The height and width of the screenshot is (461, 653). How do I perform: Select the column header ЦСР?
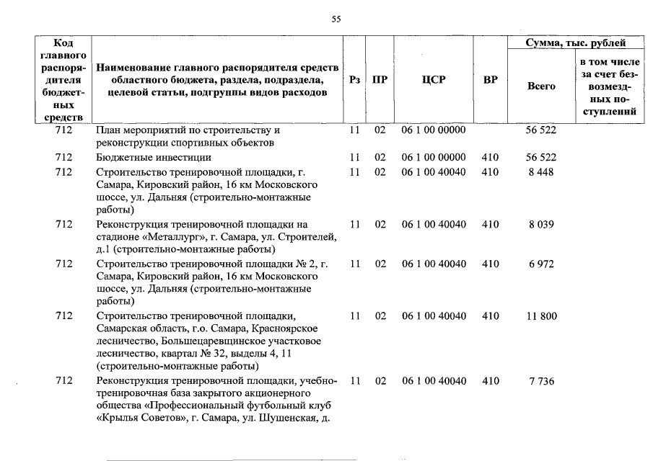(434, 79)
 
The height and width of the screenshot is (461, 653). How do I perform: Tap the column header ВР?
(490, 79)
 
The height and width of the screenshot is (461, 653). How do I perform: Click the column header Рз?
(354, 79)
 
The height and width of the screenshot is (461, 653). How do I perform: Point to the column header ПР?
(380, 79)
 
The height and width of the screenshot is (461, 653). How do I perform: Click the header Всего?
(541, 86)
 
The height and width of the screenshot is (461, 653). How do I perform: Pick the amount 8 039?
(540, 225)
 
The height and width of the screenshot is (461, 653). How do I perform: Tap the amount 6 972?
(540, 264)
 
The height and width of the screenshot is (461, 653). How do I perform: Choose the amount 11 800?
(540, 316)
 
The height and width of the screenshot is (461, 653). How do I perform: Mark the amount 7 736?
(540, 381)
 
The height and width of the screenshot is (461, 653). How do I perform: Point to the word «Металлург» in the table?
(167, 237)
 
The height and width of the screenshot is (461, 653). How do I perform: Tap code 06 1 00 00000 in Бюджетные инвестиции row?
(434, 157)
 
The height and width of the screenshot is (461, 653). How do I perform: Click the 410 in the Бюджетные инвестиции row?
(490, 157)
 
